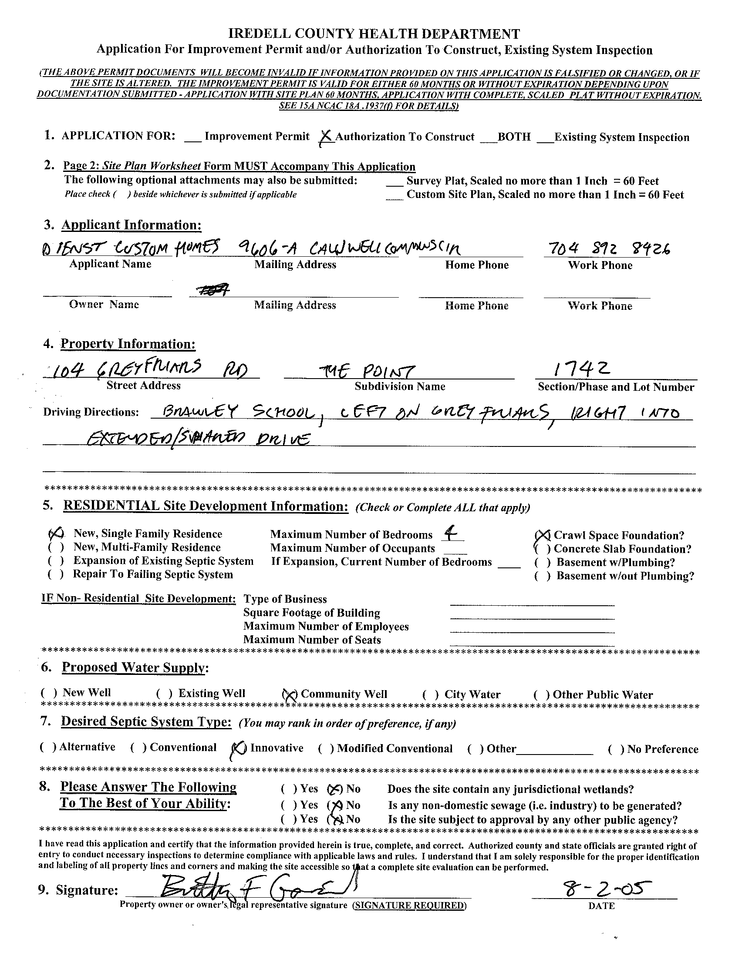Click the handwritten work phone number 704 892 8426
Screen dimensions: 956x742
coord(607,249)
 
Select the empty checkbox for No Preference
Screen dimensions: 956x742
coord(616,749)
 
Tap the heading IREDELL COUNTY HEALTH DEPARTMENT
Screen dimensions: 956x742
coord(374,34)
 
